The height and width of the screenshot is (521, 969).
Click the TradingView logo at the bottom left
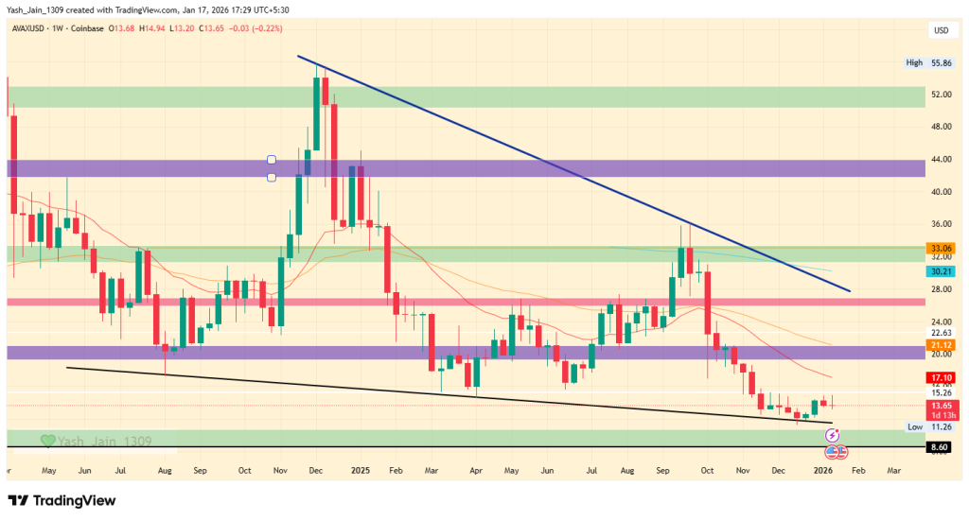(x=62, y=500)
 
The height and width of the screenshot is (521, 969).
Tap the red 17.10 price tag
(x=940, y=377)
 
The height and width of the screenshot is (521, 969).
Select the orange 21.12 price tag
(x=940, y=345)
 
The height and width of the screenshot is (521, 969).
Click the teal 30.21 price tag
(x=940, y=270)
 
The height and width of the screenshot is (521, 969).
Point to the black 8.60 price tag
(x=940, y=445)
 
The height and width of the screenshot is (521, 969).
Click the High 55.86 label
(x=926, y=62)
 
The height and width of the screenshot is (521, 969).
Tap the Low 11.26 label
(x=927, y=427)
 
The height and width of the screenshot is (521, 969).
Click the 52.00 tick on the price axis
(x=940, y=95)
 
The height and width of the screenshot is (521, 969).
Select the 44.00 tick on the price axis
(x=940, y=159)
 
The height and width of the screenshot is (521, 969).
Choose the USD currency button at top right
(x=941, y=30)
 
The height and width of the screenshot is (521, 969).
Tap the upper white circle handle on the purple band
(x=272, y=160)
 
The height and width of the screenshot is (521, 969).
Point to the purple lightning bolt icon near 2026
(x=832, y=435)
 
